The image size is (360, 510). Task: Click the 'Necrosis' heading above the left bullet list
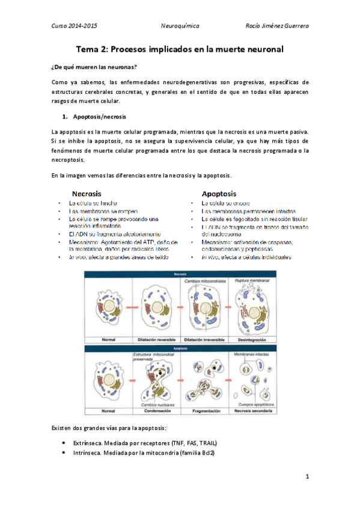[x=87, y=194]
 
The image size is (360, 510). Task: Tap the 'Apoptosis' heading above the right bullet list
[x=219, y=194]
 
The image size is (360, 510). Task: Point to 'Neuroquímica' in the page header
[x=180, y=26]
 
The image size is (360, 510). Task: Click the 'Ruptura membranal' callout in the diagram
[x=253, y=282]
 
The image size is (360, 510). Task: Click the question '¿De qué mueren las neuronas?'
[x=94, y=66]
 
